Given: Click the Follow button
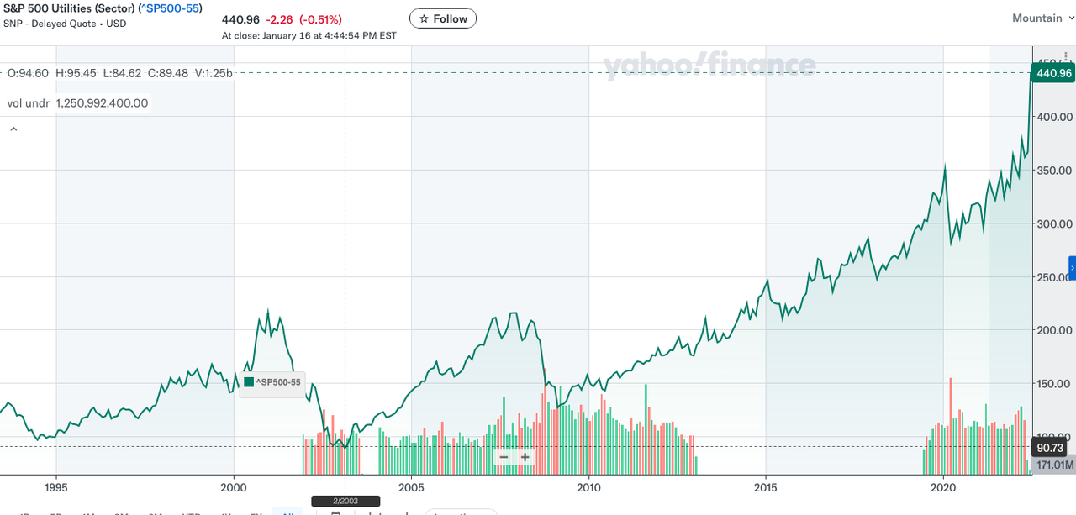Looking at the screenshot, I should click(x=443, y=18).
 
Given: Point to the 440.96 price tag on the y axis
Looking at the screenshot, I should click(x=1052, y=73).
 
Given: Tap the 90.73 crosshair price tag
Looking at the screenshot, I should click(x=1052, y=447).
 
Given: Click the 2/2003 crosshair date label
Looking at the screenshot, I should click(x=345, y=501).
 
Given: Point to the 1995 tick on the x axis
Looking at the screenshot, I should click(x=55, y=486).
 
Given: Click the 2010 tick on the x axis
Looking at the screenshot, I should click(x=588, y=486).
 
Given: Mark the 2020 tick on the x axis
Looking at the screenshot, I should click(x=943, y=486).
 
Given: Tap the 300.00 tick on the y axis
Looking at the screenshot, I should click(x=1055, y=224).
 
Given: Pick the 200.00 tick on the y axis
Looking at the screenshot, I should click(x=1055, y=330).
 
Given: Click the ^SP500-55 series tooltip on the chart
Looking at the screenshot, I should click(x=272, y=382).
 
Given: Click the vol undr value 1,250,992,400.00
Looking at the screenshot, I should click(x=102, y=103).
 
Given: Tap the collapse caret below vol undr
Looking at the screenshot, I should click(x=13, y=129).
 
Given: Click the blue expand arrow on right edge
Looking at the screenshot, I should click(x=1072, y=267).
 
